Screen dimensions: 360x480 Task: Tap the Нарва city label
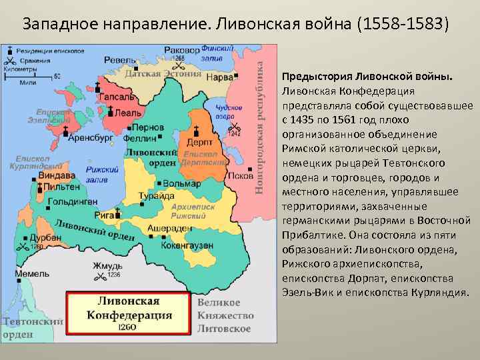point(221,77)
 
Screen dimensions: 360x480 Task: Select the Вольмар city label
point(181,183)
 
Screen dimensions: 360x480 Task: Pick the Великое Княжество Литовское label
point(225,315)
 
